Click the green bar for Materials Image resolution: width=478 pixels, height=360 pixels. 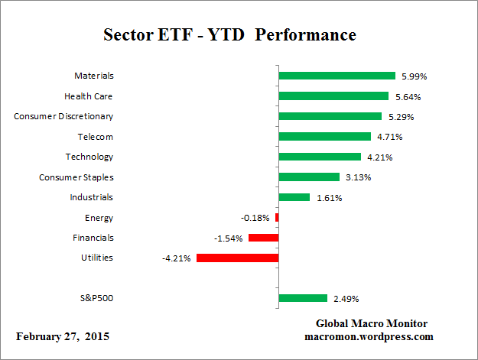point(337,76)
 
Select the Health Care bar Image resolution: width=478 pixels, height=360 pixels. point(333,96)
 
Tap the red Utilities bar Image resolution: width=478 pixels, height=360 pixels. point(237,258)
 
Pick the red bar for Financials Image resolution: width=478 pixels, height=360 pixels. point(263,238)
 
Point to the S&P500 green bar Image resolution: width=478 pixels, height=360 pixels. point(303,298)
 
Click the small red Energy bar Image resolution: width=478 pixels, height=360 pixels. point(277,217)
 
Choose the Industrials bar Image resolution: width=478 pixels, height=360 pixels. point(294,197)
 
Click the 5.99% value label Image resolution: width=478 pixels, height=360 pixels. point(415,76)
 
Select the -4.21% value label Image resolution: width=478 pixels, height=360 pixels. point(177,258)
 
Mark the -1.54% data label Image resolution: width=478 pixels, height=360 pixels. point(229,238)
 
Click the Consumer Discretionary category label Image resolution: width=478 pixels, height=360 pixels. point(64,116)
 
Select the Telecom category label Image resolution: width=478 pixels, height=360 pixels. point(95,137)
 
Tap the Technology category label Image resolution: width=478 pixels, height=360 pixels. point(89,157)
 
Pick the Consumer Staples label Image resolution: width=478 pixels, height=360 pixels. point(76,177)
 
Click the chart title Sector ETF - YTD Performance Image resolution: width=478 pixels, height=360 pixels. point(229,35)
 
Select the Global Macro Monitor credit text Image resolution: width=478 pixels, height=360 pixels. point(371,323)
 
